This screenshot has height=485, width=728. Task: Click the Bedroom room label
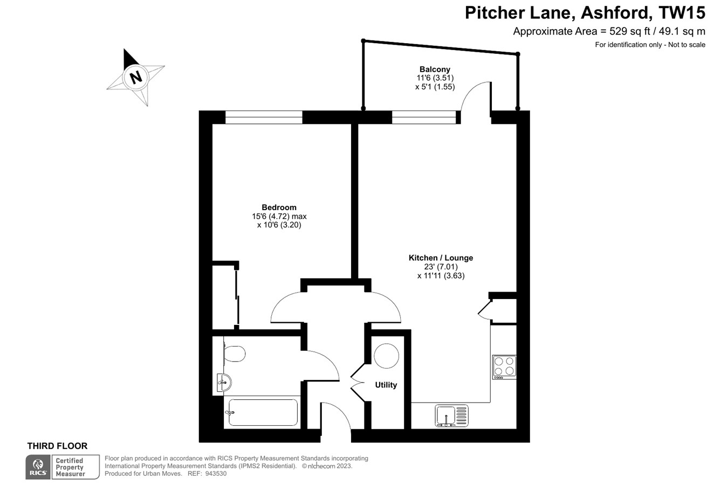[x=279, y=207]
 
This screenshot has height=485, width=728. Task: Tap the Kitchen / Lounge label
[x=441, y=258]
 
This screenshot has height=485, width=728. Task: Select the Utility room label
[x=386, y=385]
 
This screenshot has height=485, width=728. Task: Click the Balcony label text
[x=435, y=69]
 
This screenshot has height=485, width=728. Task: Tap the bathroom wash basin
[x=224, y=382]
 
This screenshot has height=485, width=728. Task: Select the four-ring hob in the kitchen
[x=504, y=366]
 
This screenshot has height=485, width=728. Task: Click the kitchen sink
[x=451, y=416]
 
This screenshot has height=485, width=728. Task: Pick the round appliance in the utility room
[x=386, y=356]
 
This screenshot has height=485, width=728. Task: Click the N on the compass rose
[x=136, y=77]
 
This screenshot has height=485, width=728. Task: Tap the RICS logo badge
[x=38, y=467]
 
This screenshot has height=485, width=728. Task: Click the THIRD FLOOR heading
[x=57, y=446]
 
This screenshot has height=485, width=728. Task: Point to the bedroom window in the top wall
[x=264, y=117]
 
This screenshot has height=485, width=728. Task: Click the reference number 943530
[x=215, y=474]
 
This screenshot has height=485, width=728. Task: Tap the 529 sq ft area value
[x=628, y=31]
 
